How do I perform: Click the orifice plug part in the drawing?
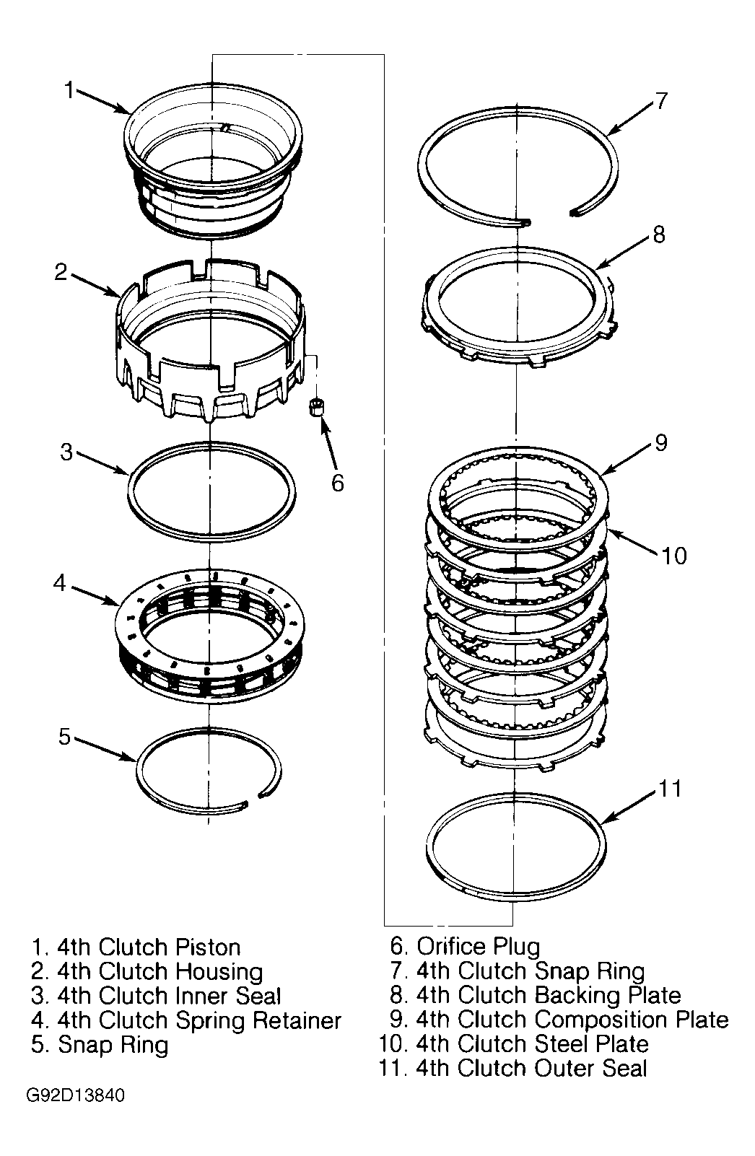tap(316, 406)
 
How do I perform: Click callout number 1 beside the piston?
tap(69, 89)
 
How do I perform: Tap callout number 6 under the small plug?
tap(337, 483)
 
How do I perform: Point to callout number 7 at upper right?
tap(661, 100)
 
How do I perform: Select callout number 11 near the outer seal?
tap(669, 789)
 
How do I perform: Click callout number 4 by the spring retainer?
tap(60, 582)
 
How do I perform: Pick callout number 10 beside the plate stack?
tap(674, 556)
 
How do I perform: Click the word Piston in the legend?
tap(208, 947)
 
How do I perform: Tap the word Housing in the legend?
tap(219, 972)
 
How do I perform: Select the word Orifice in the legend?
tap(451, 947)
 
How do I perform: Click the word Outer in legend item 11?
tap(564, 1068)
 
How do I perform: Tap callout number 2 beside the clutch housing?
tap(61, 272)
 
